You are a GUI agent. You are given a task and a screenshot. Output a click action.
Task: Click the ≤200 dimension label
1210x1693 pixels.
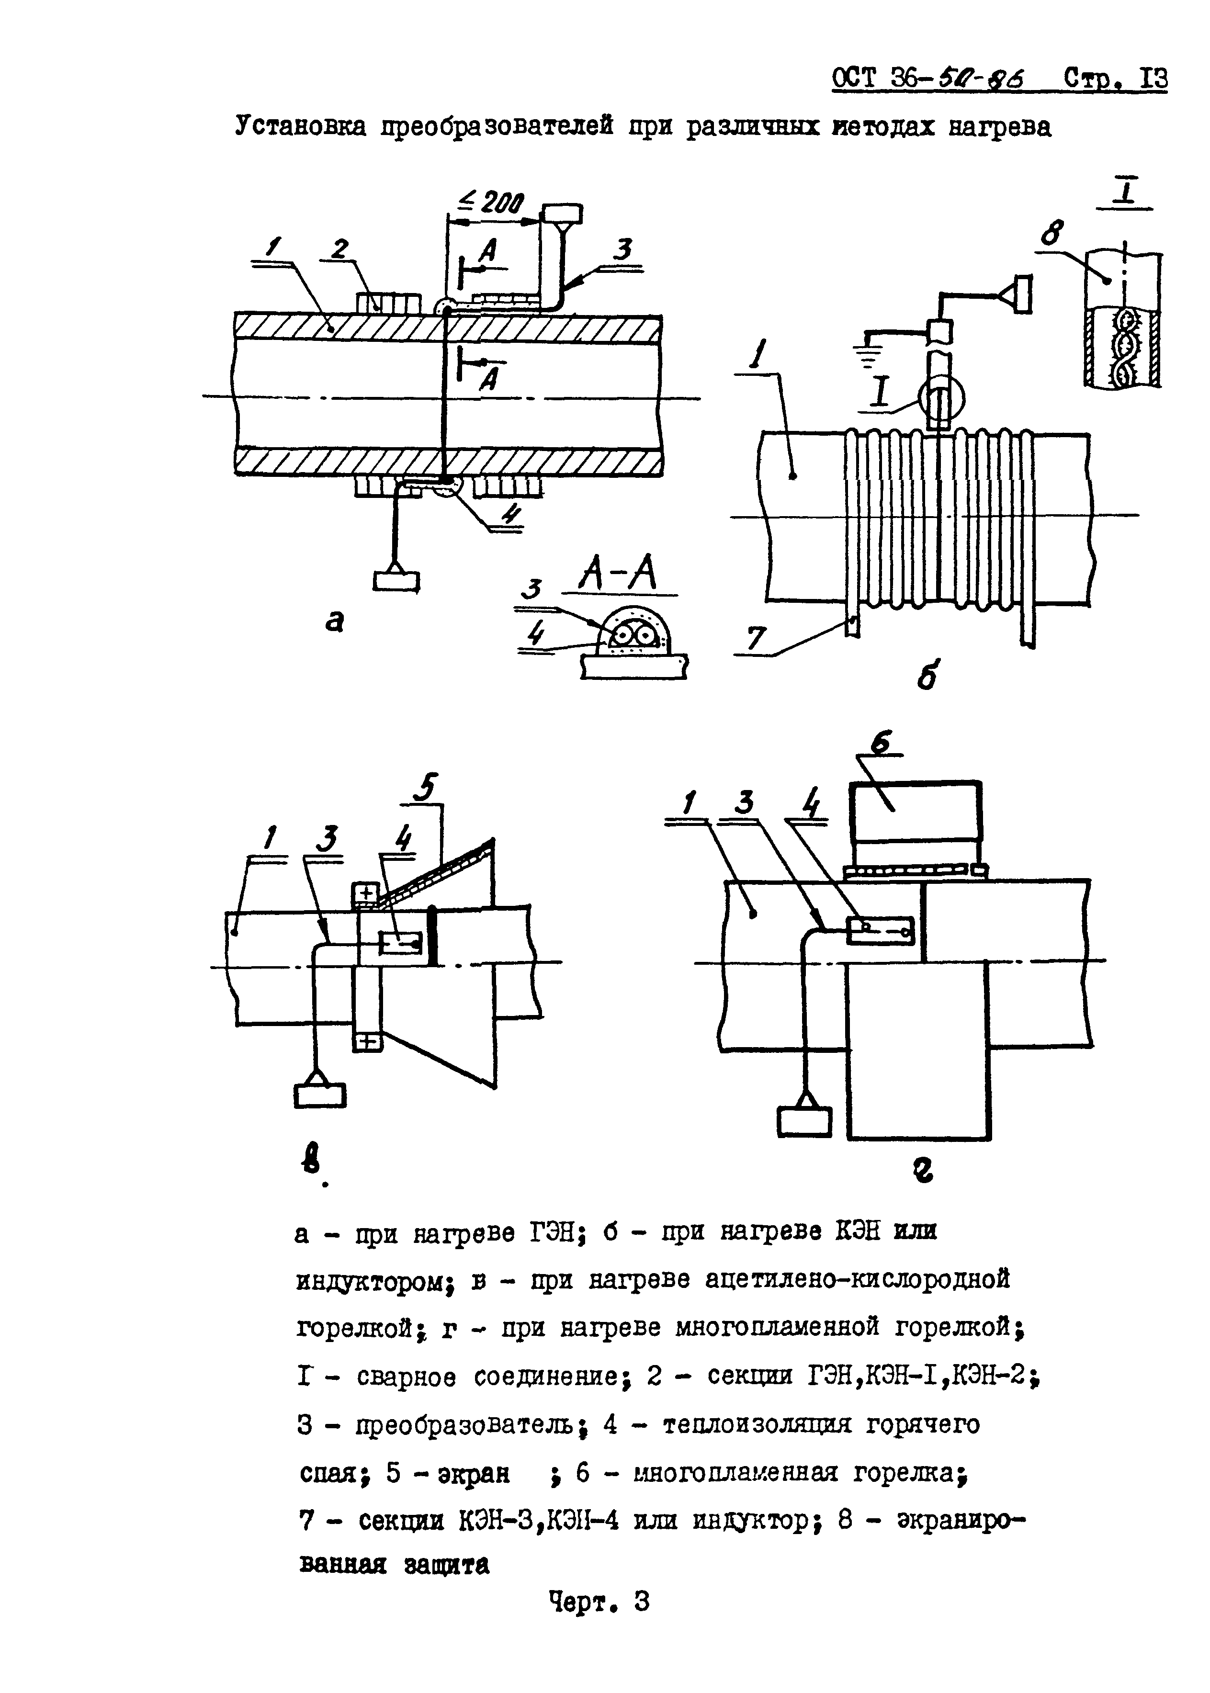click(x=493, y=202)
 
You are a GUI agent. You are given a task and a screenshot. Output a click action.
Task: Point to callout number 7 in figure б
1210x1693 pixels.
click(x=756, y=638)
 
